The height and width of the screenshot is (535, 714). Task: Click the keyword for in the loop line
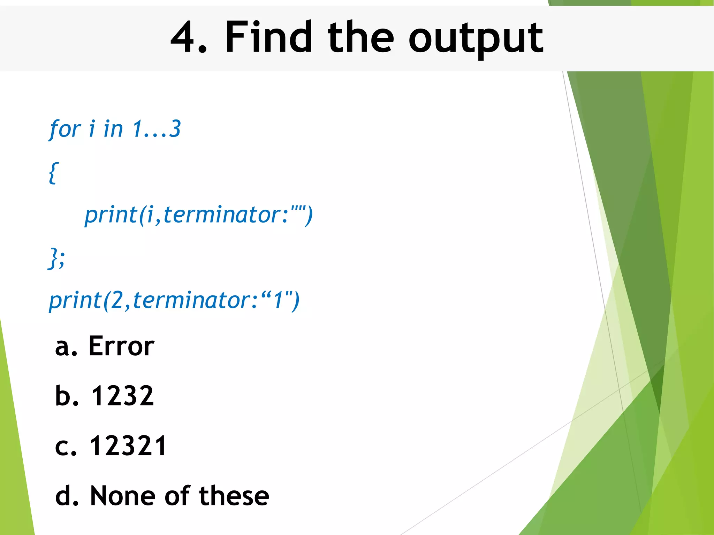pyautogui.click(x=65, y=129)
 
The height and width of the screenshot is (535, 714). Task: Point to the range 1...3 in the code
pyautogui.click(x=157, y=129)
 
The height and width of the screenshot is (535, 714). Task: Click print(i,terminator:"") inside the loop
pyautogui.click(x=199, y=215)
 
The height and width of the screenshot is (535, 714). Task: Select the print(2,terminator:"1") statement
pyautogui.click(x=174, y=300)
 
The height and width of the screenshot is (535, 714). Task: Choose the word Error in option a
pyautogui.click(x=121, y=346)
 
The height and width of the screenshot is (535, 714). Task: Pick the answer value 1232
pyautogui.click(x=122, y=396)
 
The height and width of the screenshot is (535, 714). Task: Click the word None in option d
pyautogui.click(x=122, y=496)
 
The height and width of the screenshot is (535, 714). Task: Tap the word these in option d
pyautogui.click(x=234, y=496)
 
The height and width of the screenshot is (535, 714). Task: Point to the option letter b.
pyautogui.click(x=63, y=396)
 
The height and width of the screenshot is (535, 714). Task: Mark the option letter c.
pyautogui.click(x=63, y=447)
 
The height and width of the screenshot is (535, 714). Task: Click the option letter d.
pyautogui.click(x=63, y=496)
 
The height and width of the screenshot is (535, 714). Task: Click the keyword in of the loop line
pyautogui.click(x=113, y=129)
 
